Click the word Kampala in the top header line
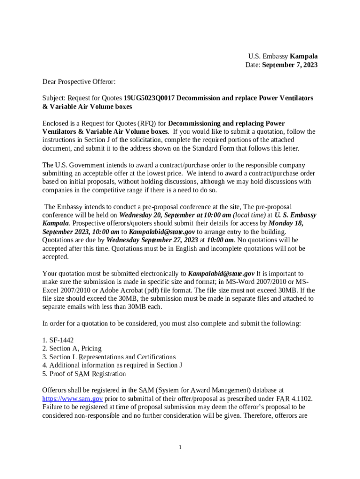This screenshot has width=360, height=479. click(303, 56)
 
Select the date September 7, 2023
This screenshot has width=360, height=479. click(289, 65)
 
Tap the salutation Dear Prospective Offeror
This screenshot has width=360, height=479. click(79, 82)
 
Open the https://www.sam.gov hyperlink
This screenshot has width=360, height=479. click(72, 399)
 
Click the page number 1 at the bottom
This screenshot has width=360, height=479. click(180, 448)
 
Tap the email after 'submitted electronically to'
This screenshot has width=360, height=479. click(221, 274)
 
